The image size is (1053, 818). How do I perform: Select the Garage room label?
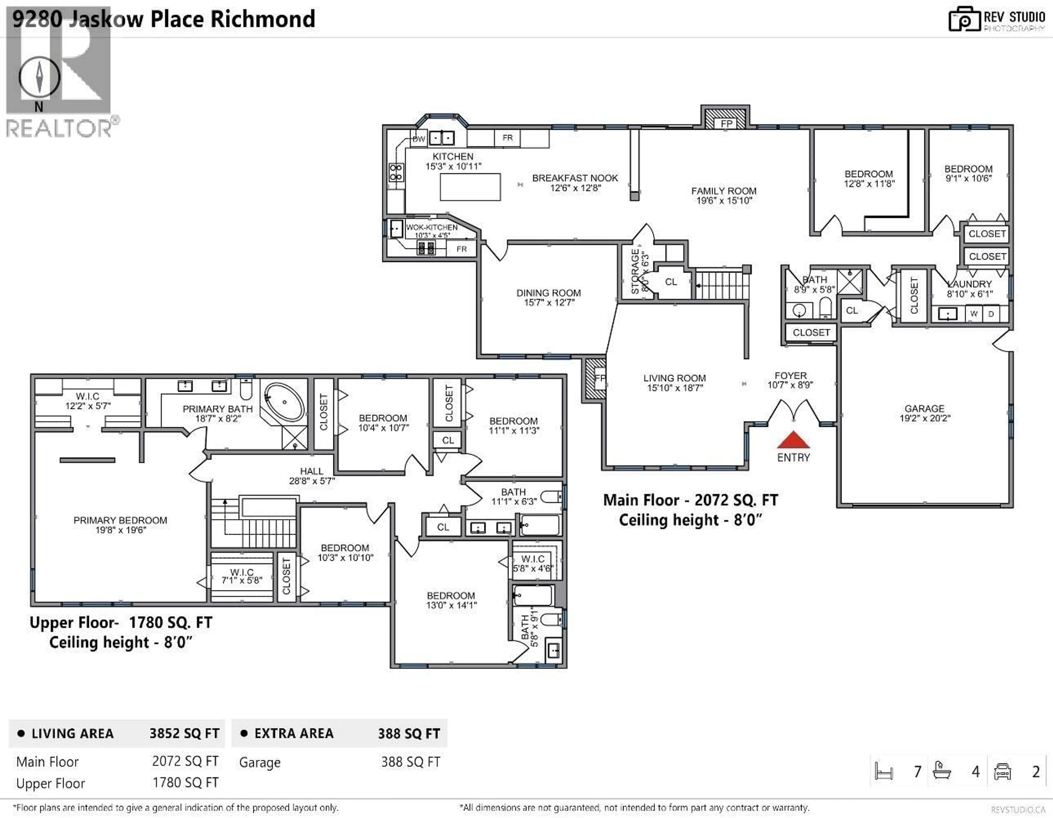924,408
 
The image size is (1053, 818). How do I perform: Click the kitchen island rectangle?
470,187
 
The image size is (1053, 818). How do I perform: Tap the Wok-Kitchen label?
432,227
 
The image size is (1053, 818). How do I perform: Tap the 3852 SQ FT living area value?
184,734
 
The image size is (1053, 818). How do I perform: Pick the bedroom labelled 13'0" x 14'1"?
451,600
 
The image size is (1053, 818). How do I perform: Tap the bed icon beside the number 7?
884,771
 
